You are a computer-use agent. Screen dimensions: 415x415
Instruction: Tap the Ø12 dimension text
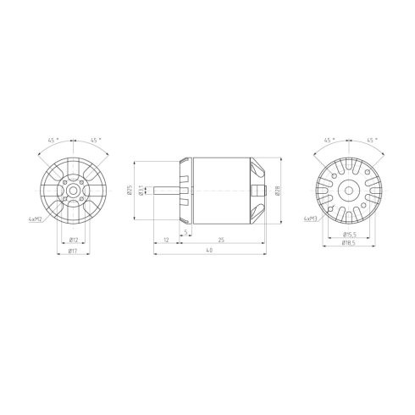74,240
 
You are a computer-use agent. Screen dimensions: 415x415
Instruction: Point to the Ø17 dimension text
74,251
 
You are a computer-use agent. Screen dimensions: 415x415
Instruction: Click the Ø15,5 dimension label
348,234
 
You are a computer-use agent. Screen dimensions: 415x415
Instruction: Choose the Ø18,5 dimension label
348,243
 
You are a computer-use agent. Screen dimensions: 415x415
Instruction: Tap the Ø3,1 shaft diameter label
141,191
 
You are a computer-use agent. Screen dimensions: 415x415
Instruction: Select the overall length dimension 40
209,252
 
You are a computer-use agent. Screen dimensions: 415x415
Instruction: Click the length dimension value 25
221,240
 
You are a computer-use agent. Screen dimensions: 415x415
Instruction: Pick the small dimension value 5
185,230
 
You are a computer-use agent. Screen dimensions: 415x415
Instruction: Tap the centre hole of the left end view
75,191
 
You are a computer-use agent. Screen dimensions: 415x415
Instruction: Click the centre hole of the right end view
348,191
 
